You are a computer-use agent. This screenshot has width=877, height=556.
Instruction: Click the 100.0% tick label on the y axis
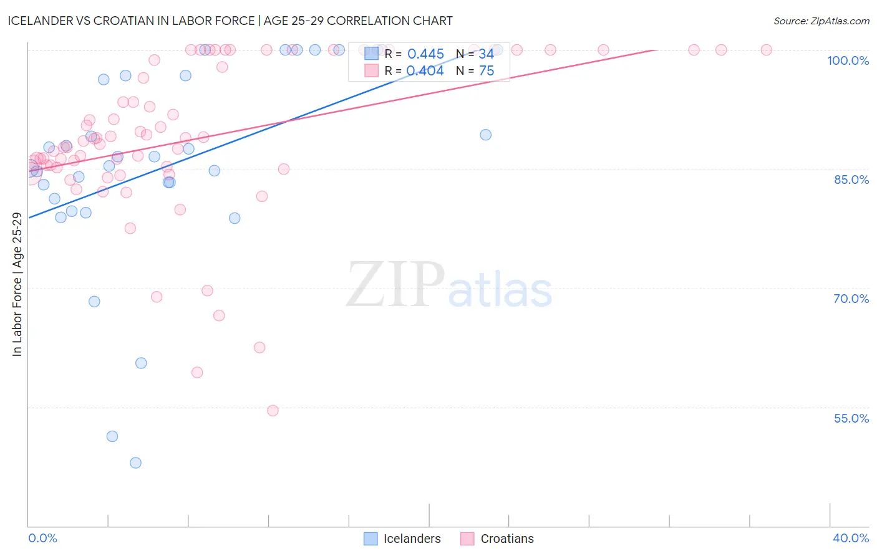tap(848, 60)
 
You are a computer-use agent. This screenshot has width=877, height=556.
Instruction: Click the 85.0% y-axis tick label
tap(851, 180)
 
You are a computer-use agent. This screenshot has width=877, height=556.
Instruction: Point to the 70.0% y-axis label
tap(851, 299)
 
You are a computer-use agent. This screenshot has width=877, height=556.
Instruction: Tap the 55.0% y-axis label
tap(851, 418)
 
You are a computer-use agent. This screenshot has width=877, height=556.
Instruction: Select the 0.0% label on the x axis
tap(42, 538)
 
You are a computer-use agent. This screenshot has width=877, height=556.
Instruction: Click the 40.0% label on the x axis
tap(851, 538)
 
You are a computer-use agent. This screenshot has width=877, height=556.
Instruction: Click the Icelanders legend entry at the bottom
tap(412, 539)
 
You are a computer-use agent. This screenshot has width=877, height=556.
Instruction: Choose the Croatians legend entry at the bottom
tap(506, 539)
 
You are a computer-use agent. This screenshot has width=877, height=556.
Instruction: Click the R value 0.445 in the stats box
tap(425, 54)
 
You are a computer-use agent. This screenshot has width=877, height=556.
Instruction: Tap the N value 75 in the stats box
tap(487, 71)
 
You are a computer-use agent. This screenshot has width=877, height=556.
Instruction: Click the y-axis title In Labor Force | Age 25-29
tap(17, 284)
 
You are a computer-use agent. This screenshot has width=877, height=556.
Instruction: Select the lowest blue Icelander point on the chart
tap(135, 463)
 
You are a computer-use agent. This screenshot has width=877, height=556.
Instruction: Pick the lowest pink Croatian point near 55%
tap(273, 410)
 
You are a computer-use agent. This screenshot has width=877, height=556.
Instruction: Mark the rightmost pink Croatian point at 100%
tap(767, 50)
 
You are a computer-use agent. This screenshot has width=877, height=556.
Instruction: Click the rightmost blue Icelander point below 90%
tap(486, 135)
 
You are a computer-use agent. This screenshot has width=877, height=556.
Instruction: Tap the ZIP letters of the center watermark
tap(395, 284)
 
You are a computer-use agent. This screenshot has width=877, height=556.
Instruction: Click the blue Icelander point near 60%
tap(141, 363)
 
